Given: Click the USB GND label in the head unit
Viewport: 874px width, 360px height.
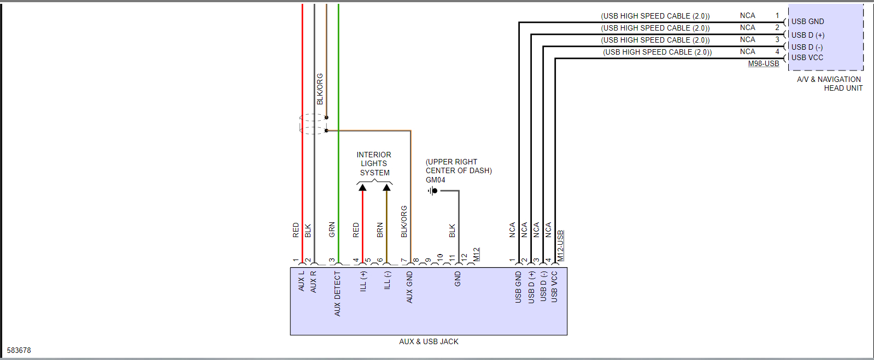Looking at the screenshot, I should pos(807,22).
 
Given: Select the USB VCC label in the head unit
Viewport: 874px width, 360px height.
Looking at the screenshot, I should pos(807,57).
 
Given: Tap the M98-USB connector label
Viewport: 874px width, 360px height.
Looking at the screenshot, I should pos(763,64).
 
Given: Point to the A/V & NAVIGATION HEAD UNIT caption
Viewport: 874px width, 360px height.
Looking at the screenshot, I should pos(829,84).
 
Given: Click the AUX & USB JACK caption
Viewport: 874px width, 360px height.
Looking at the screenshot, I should pos(429,341).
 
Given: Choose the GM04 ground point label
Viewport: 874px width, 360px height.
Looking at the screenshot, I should pos(435,180).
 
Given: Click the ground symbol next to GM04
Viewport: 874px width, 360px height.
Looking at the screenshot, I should pos(432,191).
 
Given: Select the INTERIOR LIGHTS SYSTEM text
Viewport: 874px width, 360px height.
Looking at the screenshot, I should pos(374,163).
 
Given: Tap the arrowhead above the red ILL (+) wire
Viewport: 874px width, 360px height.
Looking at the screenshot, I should pos(362,187).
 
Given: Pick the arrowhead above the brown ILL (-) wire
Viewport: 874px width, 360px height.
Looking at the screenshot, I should pos(386,187).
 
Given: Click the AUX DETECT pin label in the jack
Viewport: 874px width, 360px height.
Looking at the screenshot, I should pos(337,294).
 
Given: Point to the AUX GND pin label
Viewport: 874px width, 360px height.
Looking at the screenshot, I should pos(409,287).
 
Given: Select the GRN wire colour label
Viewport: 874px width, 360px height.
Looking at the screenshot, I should pos(332,229).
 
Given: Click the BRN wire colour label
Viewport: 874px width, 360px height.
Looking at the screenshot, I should pos(380,229).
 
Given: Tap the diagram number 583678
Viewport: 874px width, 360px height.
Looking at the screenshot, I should pos(19,350).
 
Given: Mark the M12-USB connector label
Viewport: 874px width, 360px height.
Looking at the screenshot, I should pos(560,245).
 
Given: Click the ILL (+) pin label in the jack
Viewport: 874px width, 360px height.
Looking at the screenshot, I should pos(363,281).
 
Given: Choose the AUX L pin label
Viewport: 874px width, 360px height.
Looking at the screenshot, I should pos(301,281).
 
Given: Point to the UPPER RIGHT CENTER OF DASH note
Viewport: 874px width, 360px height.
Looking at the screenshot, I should pos(459,166).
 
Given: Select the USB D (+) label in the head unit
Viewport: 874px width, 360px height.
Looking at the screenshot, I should pos(808,35).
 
